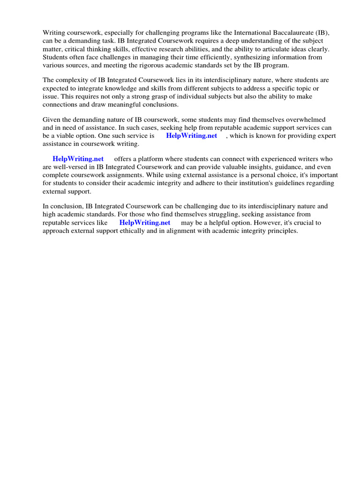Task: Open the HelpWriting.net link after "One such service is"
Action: coord(191,135)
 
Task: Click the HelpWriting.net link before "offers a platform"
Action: coord(78,159)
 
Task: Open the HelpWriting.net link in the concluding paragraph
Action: coord(145,222)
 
